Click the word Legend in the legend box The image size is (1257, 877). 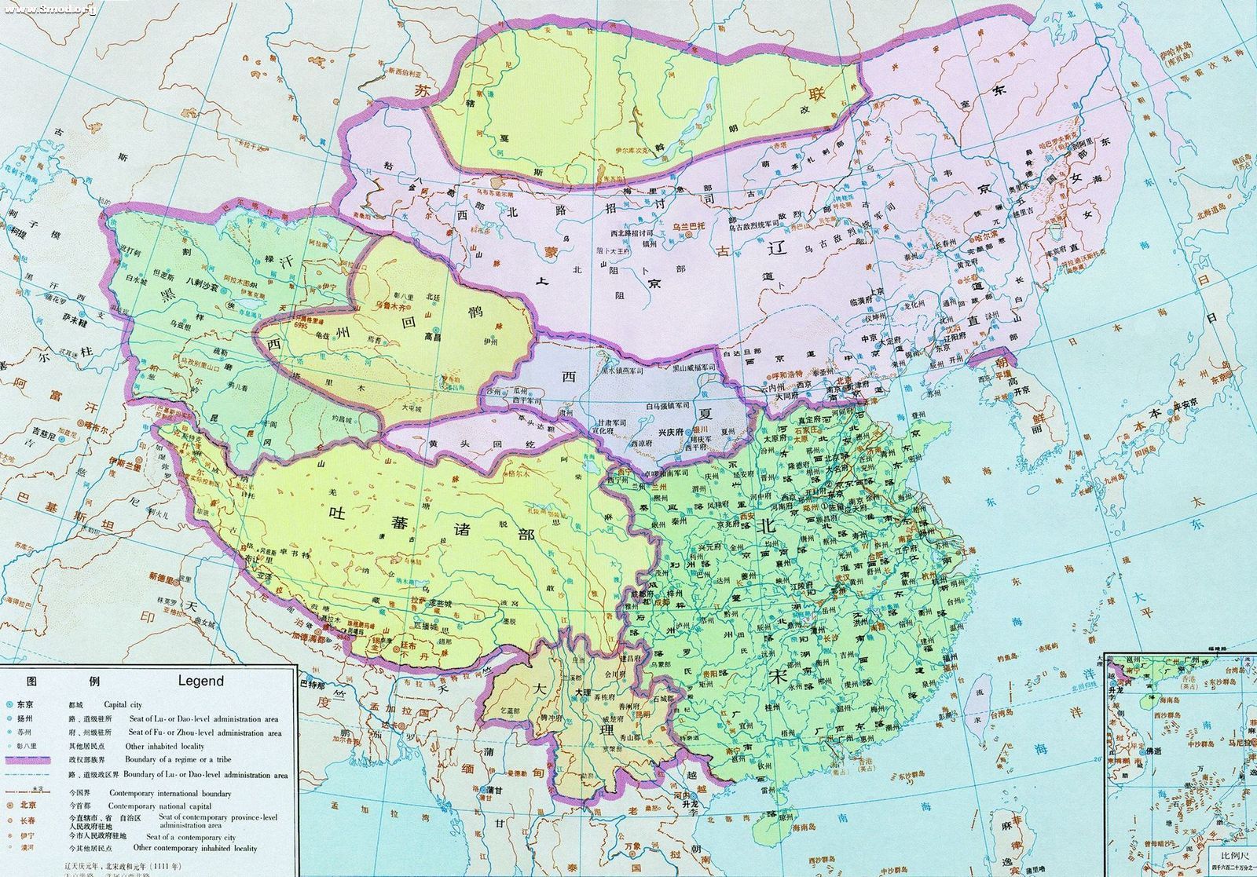201,682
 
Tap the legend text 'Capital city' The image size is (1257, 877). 146,705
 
